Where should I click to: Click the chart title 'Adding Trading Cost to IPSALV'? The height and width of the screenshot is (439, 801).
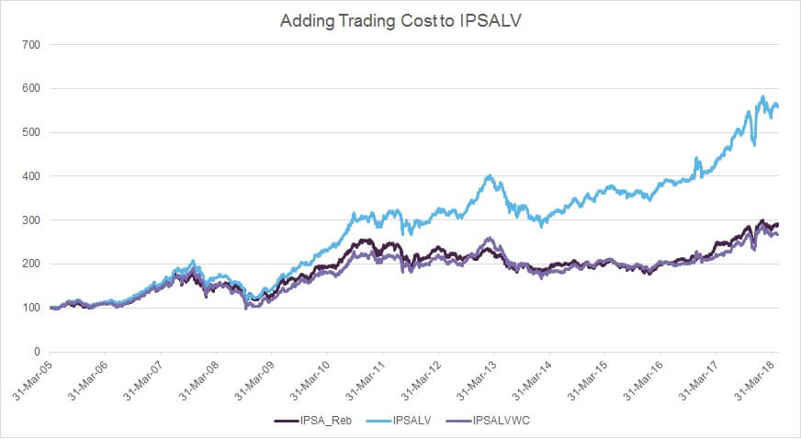pyautogui.click(x=400, y=20)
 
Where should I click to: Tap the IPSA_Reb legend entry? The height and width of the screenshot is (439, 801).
pyautogui.click(x=312, y=421)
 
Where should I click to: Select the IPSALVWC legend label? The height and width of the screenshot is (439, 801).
pyautogui.click(x=488, y=421)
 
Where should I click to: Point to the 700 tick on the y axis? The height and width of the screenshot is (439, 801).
pyautogui.click(x=30, y=44)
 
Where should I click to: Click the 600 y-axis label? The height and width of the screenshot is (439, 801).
pyautogui.click(x=30, y=88)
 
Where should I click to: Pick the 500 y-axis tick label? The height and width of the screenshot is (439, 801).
pyautogui.click(x=30, y=132)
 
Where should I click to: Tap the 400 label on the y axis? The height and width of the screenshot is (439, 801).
pyautogui.click(x=30, y=176)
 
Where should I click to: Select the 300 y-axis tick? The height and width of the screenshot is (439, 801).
pyautogui.click(x=30, y=220)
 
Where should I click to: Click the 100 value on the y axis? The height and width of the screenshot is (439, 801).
pyautogui.click(x=30, y=308)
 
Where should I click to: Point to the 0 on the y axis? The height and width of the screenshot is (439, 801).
pyautogui.click(x=37, y=352)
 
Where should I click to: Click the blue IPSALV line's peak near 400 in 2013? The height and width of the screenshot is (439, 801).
pyautogui.click(x=490, y=175)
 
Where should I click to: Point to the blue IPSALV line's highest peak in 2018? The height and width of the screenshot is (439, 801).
pyautogui.click(x=762, y=96)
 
